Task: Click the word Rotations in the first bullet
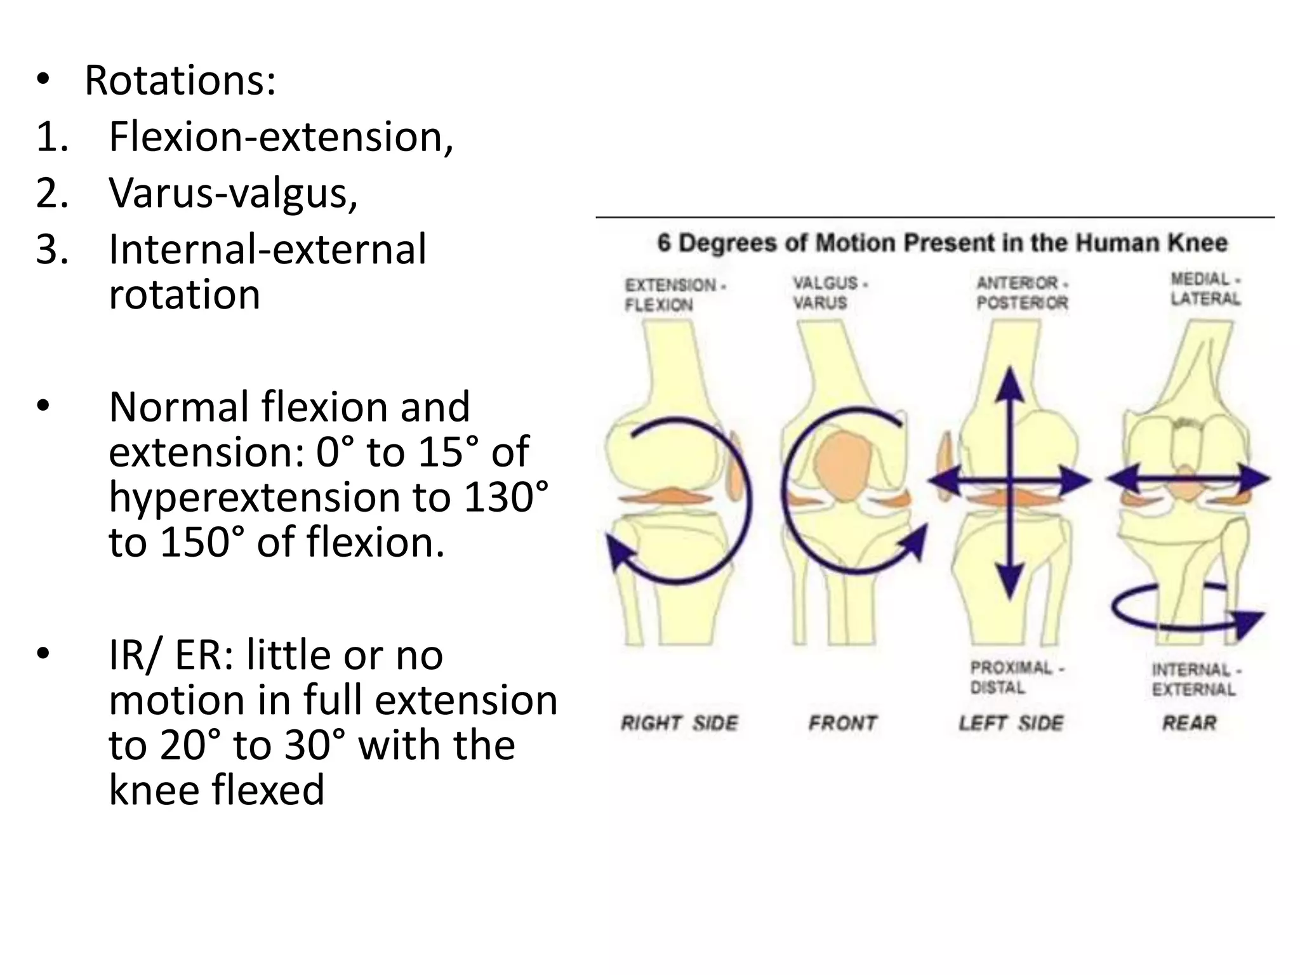point(180,81)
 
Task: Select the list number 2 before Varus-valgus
point(51,192)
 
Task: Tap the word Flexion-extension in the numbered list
point(280,136)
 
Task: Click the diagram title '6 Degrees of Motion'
point(942,243)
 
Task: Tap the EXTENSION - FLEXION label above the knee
point(674,295)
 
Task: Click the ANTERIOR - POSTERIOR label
point(1022,293)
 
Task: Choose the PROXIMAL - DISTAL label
point(1016,677)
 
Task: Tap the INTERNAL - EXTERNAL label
point(1196,679)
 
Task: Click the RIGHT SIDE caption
point(680,723)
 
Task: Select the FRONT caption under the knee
point(842,723)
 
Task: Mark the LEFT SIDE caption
point(1011,723)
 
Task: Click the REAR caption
point(1190,723)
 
